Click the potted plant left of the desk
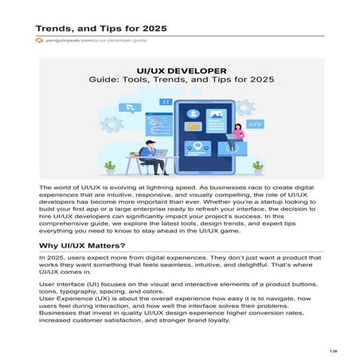tap(110, 167)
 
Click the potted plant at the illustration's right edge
tap(257, 166)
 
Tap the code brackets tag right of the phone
tap(255, 123)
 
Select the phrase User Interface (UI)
tap(71, 283)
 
